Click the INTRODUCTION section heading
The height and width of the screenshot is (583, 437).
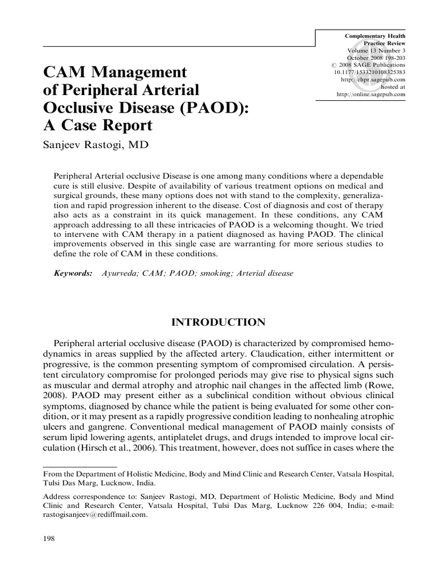[x=218, y=322]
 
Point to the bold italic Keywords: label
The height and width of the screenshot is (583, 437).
[x=73, y=273]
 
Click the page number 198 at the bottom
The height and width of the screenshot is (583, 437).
[x=49, y=539]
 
